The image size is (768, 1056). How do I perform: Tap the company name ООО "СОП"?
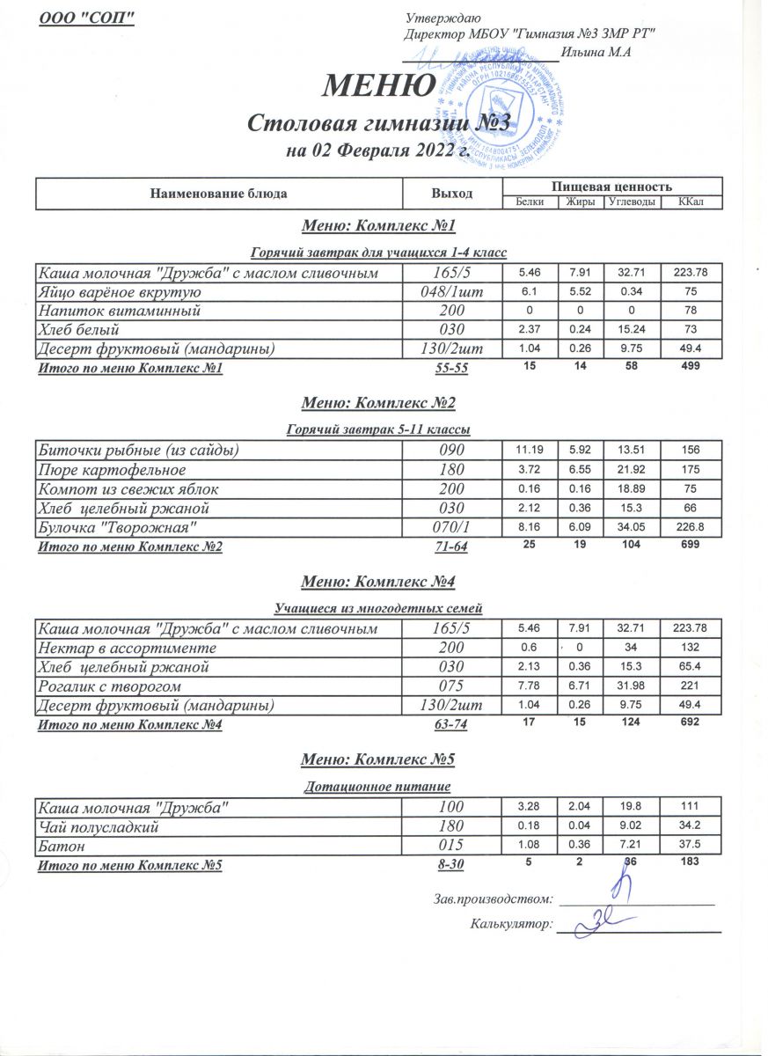87,18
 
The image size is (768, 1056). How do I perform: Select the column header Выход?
452,194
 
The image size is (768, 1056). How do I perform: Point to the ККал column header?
689,202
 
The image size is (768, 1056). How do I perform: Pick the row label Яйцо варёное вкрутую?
120,293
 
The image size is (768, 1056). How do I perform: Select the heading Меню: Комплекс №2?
378,404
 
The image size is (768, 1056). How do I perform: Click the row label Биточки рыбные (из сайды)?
137,451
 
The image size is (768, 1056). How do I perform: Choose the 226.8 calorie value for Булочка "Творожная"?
689,525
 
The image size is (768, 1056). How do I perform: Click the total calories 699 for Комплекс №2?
689,546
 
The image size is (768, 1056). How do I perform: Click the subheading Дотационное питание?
377,786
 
